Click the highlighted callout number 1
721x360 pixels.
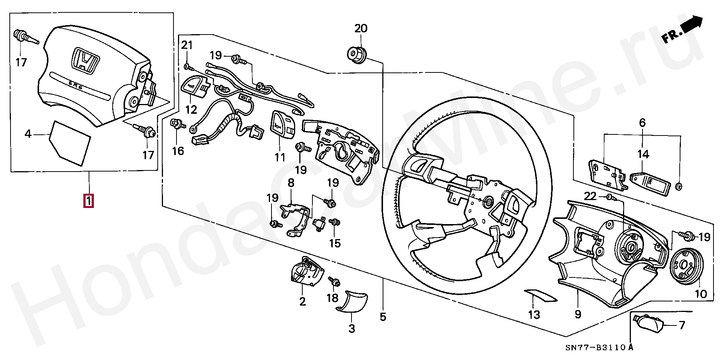pos(89,200)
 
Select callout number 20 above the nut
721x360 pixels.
pos(361,29)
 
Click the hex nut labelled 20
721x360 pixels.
pos(355,53)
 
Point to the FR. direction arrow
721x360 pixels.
pos(682,32)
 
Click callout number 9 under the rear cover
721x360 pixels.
pos(578,313)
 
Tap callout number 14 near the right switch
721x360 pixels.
pos(643,154)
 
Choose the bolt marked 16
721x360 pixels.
pos(176,124)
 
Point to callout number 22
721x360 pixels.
pos(590,196)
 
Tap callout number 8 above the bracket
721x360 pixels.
pos(291,184)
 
